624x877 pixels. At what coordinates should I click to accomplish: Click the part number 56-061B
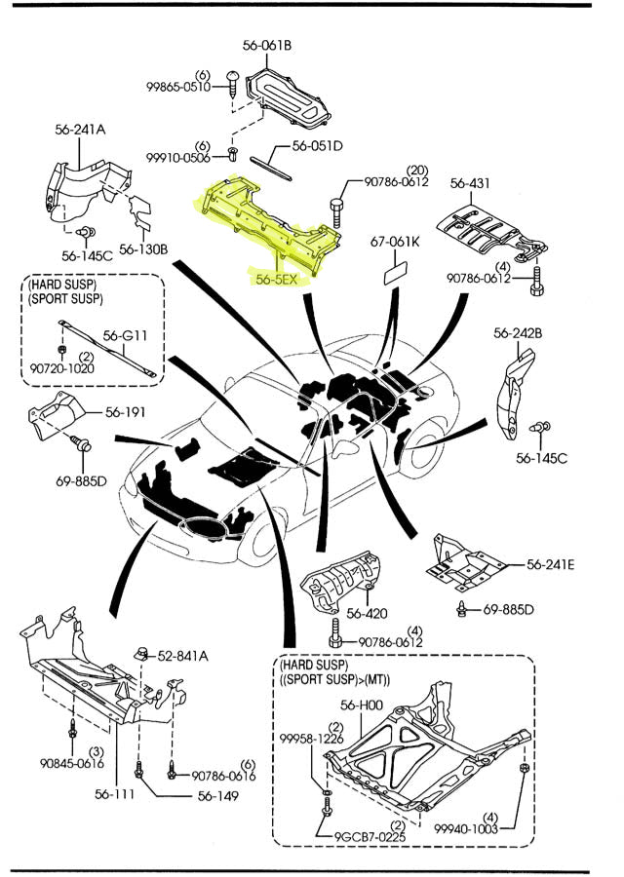[x=267, y=45]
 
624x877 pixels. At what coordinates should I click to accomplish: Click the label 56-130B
[x=144, y=249]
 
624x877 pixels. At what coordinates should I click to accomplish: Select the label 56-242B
[x=518, y=333]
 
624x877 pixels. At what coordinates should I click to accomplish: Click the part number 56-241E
[x=550, y=564]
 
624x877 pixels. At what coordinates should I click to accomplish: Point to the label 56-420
[x=367, y=614]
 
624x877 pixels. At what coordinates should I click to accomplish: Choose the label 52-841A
[x=182, y=656]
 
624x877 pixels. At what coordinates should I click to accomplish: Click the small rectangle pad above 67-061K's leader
[x=397, y=270]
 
